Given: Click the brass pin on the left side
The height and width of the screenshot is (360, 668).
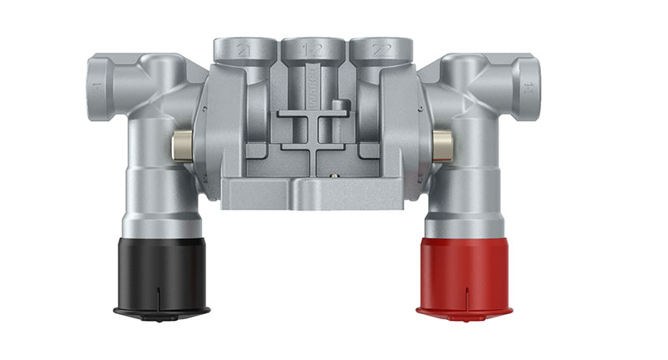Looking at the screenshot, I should click(182, 145).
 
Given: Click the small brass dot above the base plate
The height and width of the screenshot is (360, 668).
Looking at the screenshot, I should click(331, 175).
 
